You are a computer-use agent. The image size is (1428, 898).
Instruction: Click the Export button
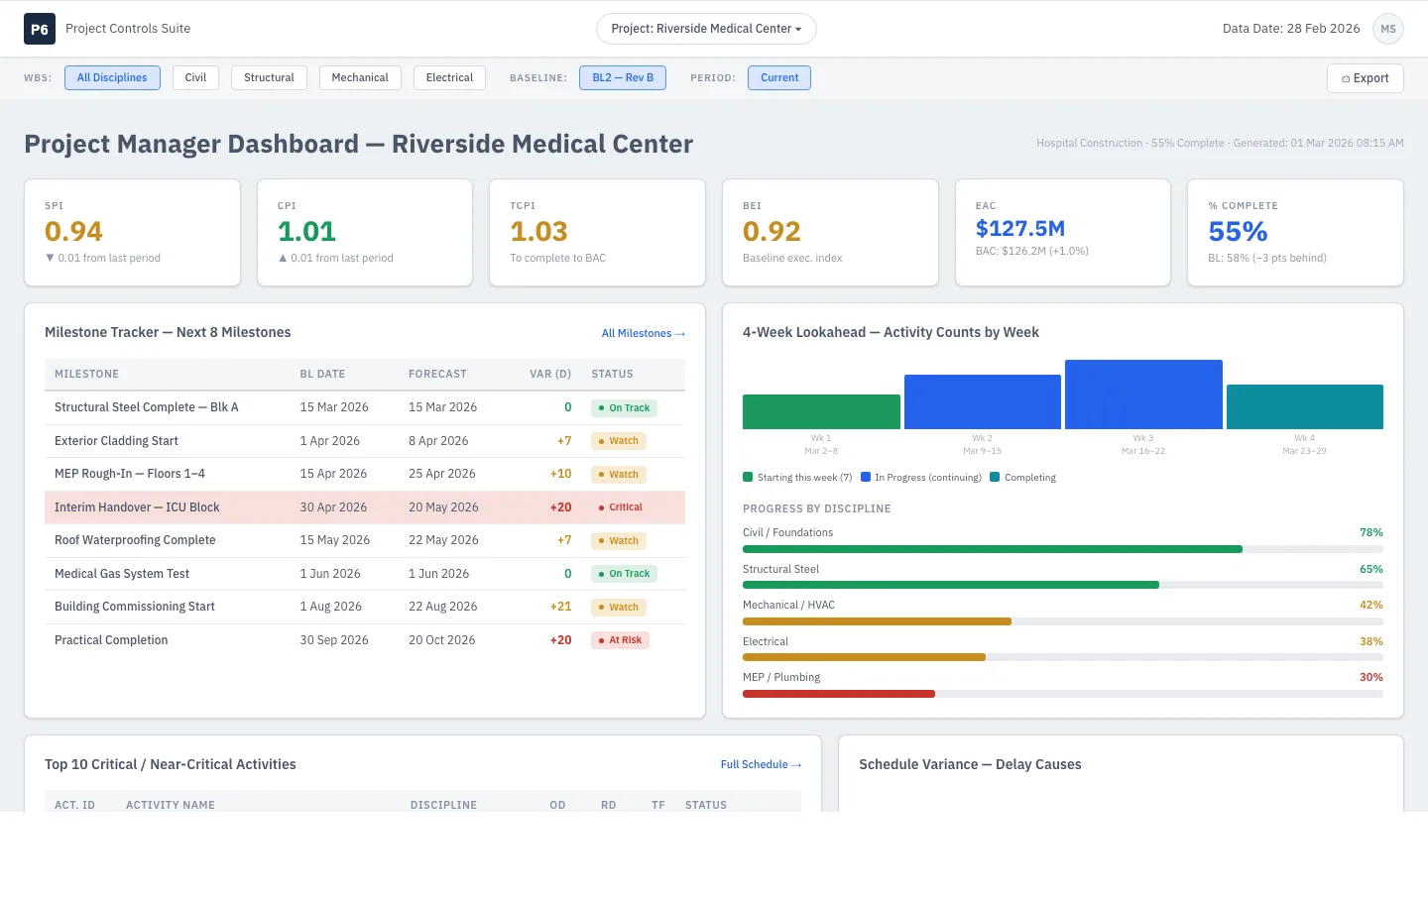(1365, 77)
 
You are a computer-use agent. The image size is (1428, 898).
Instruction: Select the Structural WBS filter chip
(269, 77)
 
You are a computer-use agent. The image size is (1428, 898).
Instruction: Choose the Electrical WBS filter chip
(449, 77)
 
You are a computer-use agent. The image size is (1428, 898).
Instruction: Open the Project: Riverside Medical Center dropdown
(706, 29)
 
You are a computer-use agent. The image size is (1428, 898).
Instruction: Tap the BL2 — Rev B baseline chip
(622, 77)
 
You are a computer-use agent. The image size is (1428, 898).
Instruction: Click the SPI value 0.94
(73, 231)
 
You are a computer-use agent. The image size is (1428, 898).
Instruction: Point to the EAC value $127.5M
(1020, 228)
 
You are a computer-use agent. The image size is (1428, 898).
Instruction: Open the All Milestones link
(643, 333)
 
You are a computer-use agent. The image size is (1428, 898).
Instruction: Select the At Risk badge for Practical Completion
(620, 640)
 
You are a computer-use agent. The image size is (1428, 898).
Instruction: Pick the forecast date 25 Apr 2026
(442, 474)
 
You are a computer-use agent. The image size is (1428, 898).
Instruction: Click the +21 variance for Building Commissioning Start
(560, 607)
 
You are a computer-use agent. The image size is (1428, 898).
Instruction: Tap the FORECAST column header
(437, 374)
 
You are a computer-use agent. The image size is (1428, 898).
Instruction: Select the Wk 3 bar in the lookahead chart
(1143, 394)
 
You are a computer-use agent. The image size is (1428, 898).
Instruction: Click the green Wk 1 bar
(821, 411)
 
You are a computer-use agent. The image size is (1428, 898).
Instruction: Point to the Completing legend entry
(1022, 478)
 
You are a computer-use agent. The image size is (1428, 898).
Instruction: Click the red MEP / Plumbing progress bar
(838, 694)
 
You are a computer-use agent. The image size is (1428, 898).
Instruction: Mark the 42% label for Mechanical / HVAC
(1370, 605)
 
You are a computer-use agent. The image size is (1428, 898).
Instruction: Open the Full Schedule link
(761, 764)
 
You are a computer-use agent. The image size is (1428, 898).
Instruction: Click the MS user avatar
(1388, 29)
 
